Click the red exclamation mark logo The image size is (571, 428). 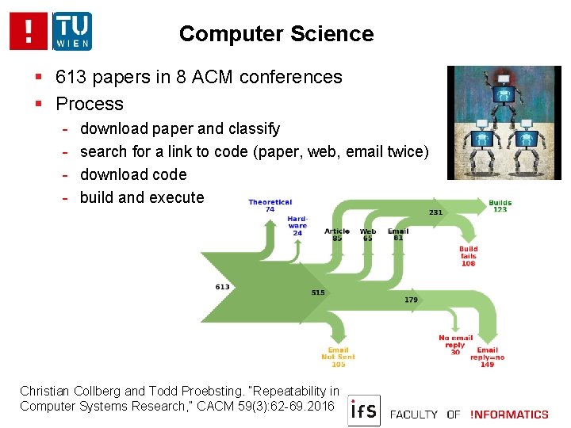(x=29, y=31)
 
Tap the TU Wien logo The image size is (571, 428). (x=72, y=31)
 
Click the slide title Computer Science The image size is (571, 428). (x=276, y=34)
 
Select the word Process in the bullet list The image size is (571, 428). (x=90, y=104)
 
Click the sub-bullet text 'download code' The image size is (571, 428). (x=133, y=174)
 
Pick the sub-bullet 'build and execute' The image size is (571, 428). (x=142, y=197)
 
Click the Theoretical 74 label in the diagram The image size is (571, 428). (x=270, y=205)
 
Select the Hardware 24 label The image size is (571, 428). (x=297, y=225)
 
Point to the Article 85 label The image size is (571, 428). (x=337, y=234)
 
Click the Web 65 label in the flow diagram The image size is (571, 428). (x=368, y=234)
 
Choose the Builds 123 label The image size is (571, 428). (x=500, y=205)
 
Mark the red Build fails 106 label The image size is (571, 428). (x=468, y=255)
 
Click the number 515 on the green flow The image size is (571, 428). (x=317, y=292)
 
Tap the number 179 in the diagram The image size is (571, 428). (x=411, y=300)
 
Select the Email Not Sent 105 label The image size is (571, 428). (x=338, y=357)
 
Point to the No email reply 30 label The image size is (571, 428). (x=454, y=345)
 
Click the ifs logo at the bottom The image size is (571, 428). (x=364, y=411)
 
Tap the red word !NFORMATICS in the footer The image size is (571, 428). (x=509, y=414)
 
